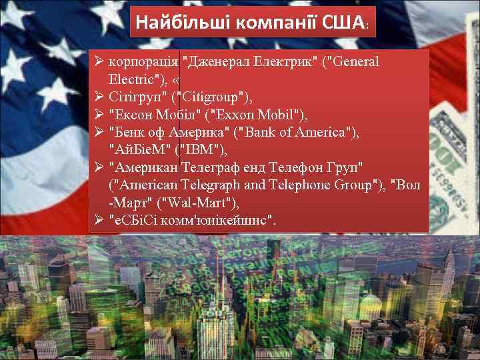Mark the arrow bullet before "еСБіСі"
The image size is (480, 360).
click(x=98, y=219)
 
